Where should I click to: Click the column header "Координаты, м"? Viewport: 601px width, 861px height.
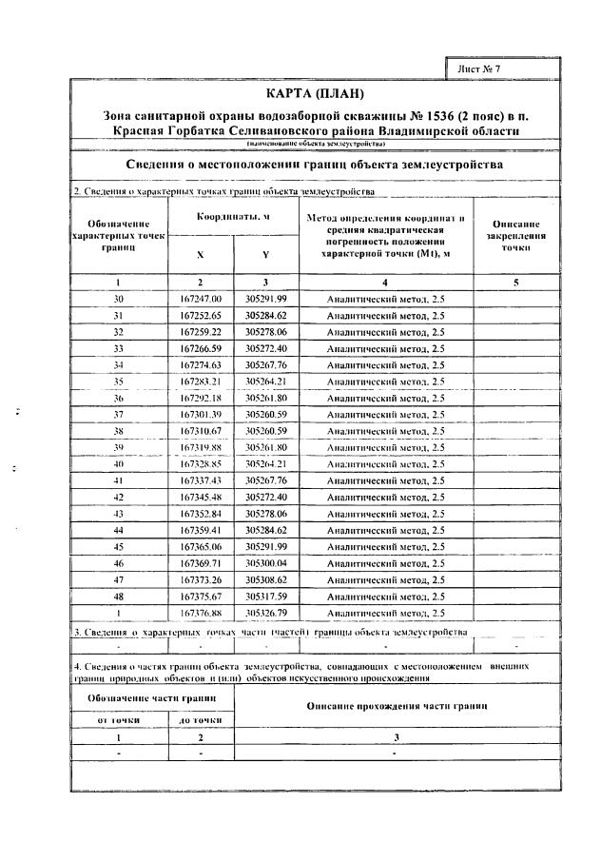pyautogui.click(x=232, y=217)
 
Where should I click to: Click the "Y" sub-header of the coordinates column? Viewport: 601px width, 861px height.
pyautogui.click(x=265, y=255)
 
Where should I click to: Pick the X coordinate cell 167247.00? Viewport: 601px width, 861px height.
pyautogui.click(x=200, y=299)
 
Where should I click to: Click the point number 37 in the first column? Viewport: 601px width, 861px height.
pyautogui.click(x=119, y=414)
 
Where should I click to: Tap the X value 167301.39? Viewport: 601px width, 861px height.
pyautogui.click(x=200, y=414)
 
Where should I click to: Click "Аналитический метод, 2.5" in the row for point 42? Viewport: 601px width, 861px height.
pyautogui.click(x=385, y=497)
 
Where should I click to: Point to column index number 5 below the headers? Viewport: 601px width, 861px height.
pyautogui.click(x=514, y=282)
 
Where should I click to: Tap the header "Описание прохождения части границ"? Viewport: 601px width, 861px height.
pyautogui.click(x=396, y=707)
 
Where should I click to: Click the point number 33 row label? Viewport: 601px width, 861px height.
pyautogui.click(x=119, y=348)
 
